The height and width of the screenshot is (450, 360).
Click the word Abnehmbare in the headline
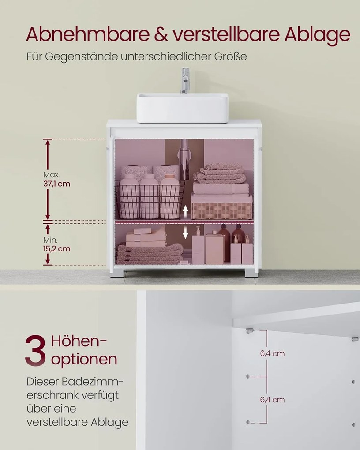[x=87, y=34]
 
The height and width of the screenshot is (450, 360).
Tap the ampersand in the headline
[x=162, y=34]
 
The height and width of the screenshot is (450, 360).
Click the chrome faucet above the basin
[x=185, y=80]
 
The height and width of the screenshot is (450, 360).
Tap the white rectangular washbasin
[x=182, y=108]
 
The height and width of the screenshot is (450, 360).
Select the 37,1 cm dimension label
[x=56, y=184]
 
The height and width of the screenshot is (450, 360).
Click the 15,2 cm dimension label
[x=56, y=248]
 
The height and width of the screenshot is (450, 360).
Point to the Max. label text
[x=51, y=175]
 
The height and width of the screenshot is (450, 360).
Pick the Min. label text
[x=50, y=240]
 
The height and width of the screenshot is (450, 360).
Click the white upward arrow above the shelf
[x=185, y=212]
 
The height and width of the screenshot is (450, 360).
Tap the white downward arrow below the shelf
[x=185, y=232]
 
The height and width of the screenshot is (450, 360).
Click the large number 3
[x=35, y=350]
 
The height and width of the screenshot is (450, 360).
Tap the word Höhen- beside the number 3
[x=79, y=341]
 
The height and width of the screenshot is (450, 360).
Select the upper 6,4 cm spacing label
[x=272, y=353]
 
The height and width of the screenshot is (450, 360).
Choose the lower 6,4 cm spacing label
[x=272, y=400]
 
